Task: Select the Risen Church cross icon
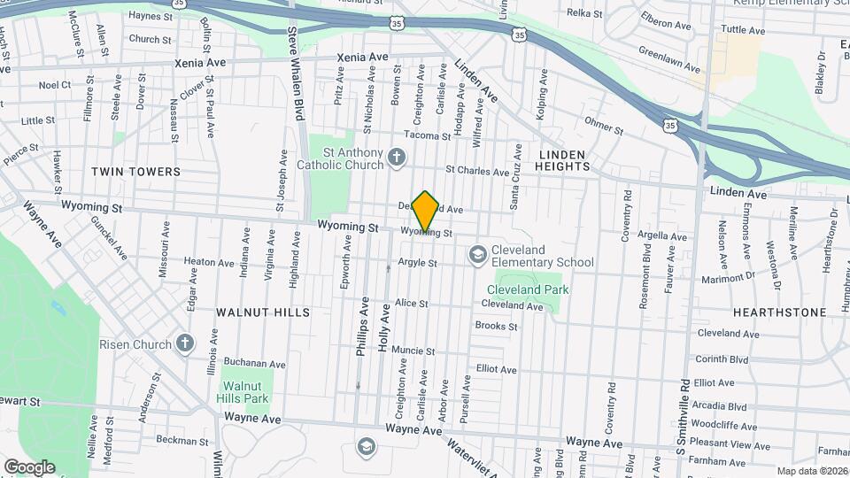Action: point(184,343)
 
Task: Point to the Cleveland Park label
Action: point(529,289)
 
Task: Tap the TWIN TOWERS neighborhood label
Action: point(136,172)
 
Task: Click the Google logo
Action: point(29,466)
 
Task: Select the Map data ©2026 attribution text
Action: point(811,471)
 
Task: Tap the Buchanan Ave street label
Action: point(254,363)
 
